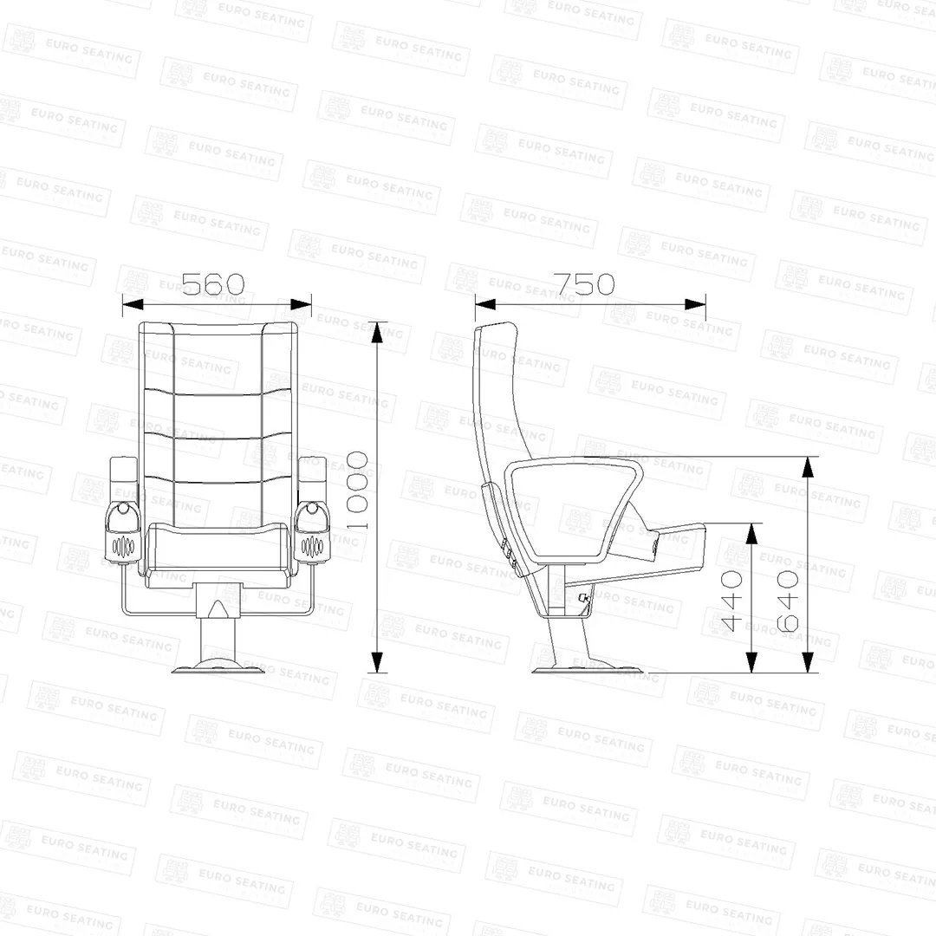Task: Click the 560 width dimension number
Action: (213, 284)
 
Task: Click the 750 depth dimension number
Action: (584, 284)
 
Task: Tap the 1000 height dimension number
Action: (357, 491)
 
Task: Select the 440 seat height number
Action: (731, 601)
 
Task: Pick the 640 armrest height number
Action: (787, 601)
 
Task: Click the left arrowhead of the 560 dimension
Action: (133, 304)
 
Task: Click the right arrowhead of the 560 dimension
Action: (301, 304)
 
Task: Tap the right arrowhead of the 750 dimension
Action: (695, 304)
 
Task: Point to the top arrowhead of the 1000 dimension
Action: (377, 333)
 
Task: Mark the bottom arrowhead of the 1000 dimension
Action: (377, 662)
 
